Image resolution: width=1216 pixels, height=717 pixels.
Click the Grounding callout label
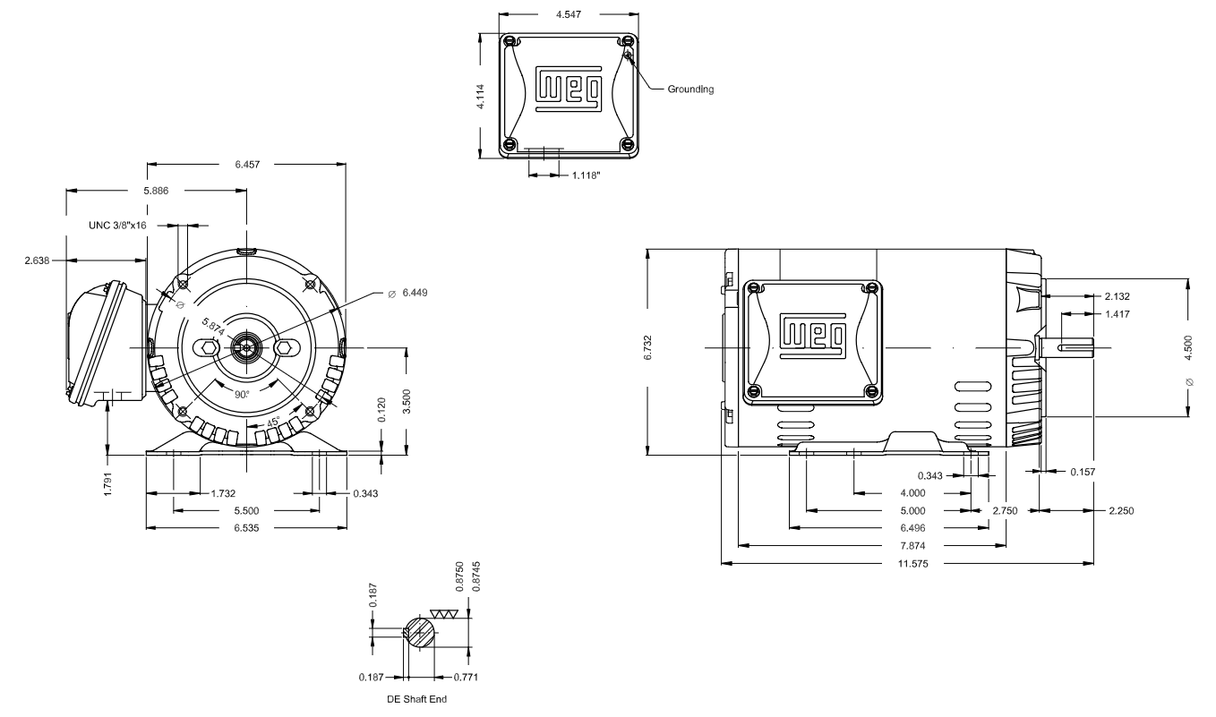(690, 89)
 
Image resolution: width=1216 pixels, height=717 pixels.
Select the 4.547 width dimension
(569, 14)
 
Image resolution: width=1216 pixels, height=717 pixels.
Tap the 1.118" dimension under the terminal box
(587, 175)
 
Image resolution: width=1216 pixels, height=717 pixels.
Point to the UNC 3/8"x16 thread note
(117, 226)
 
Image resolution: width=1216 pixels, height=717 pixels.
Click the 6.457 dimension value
(247, 165)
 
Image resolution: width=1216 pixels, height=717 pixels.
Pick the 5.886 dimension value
(156, 191)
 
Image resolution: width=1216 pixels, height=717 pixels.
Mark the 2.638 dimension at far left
(37, 260)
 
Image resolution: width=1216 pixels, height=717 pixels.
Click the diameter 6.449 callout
(408, 293)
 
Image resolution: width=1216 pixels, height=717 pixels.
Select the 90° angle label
(242, 395)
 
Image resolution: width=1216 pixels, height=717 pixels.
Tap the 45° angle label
(273, 422)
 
